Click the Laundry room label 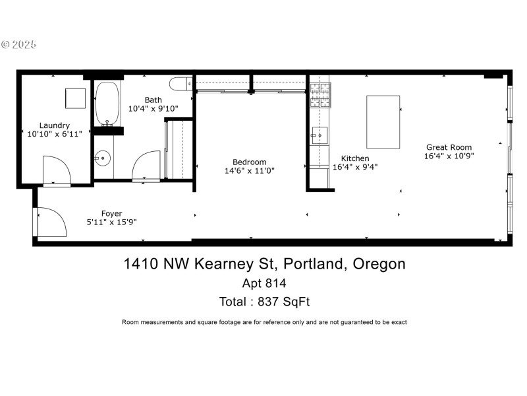pyautogui.click(x=54, y=125)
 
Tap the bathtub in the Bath pyautogui.click(x=107, y=103)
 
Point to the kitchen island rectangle pyautogui.click(x=383, y=121)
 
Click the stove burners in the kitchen pyautogui.click(x=320, y=94)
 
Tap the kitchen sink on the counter pyautogui.click(x=320, y=135)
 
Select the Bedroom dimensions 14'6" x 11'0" pyautogui.click(x=249, y=170)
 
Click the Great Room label pyautogui.click(x=449, y=147)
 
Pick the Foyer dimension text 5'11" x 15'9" pyautogui.click(x=111, y=222)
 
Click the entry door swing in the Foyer pyautogui.click(x=51, y=222)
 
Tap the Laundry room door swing pyautogui.click(x=56, y=170)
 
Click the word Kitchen pyautogui.click(x=354, y=158)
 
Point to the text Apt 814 pyautogui.click(x=264, y=283)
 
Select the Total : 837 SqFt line pyautogui.click(x=264, y=302)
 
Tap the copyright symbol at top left pyautogui.click(x=6, y=45)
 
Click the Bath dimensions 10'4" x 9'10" pyautogui.click(x=153, y=109)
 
